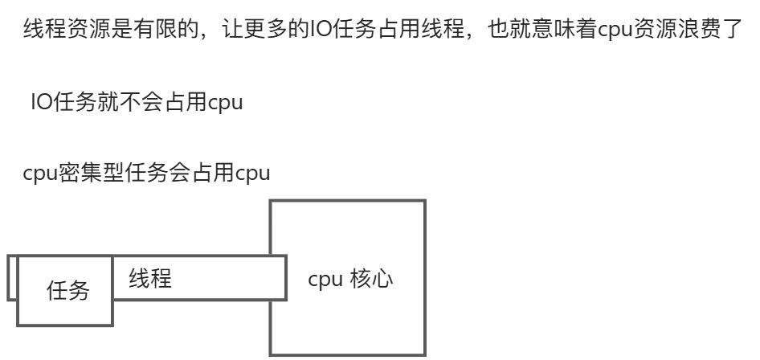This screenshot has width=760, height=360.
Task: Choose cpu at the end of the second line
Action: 225,104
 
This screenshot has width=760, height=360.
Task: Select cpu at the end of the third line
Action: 252,174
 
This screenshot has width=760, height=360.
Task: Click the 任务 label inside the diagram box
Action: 68,291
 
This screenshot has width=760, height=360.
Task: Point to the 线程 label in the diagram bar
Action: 150,279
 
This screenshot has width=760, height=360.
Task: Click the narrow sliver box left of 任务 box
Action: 12,278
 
